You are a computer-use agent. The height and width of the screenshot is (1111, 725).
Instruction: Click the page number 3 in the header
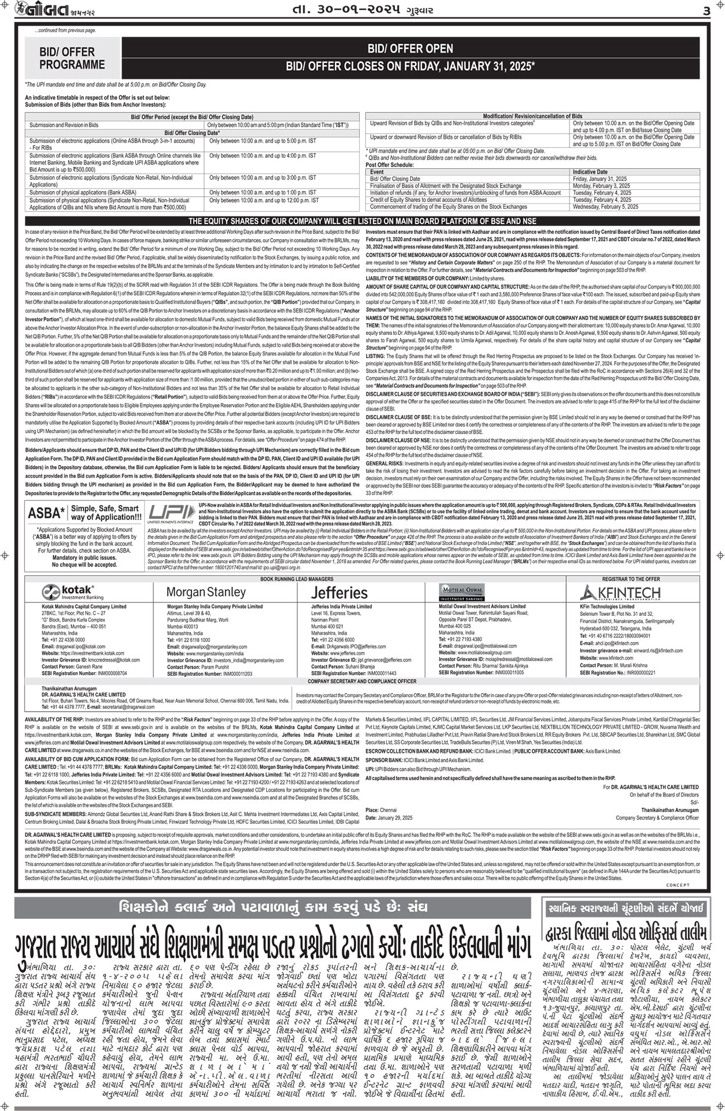706,12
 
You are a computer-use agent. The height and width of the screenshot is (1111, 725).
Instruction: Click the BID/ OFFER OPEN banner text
410,49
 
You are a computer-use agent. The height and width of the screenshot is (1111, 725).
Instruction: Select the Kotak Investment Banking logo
74,592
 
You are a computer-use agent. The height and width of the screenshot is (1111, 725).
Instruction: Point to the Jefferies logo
339,593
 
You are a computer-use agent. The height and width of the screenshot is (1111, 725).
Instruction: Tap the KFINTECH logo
620,592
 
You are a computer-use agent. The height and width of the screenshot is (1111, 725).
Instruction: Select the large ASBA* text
46,513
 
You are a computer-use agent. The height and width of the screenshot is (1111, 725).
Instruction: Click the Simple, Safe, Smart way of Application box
106,513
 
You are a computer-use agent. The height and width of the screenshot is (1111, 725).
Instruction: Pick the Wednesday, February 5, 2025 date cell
606,207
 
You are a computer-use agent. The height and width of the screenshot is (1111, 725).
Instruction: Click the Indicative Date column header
590,172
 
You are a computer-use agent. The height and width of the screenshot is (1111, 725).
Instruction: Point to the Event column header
376,172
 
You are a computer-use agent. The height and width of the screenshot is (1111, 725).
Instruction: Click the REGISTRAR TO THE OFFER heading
630,579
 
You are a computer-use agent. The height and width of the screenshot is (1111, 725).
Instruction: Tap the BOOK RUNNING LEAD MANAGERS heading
296,579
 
